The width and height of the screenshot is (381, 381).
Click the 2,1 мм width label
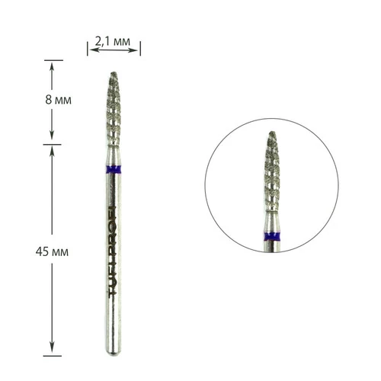tap(113, 41)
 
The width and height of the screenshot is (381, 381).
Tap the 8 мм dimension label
tap(59, 100)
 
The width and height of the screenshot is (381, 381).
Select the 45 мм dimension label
tap(52, 251)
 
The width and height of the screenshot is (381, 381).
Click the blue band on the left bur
tap(114, 169)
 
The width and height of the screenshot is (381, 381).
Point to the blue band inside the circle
tap(272, 236)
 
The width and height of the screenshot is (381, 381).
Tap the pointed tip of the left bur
tap(114, 72)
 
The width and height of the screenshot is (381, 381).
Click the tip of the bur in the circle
tap(272, 132)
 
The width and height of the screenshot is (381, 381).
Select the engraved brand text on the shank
tap(112, 251)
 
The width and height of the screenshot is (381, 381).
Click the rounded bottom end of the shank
tap(114, 353)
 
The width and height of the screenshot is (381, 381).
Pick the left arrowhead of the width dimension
tap(93, 50)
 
